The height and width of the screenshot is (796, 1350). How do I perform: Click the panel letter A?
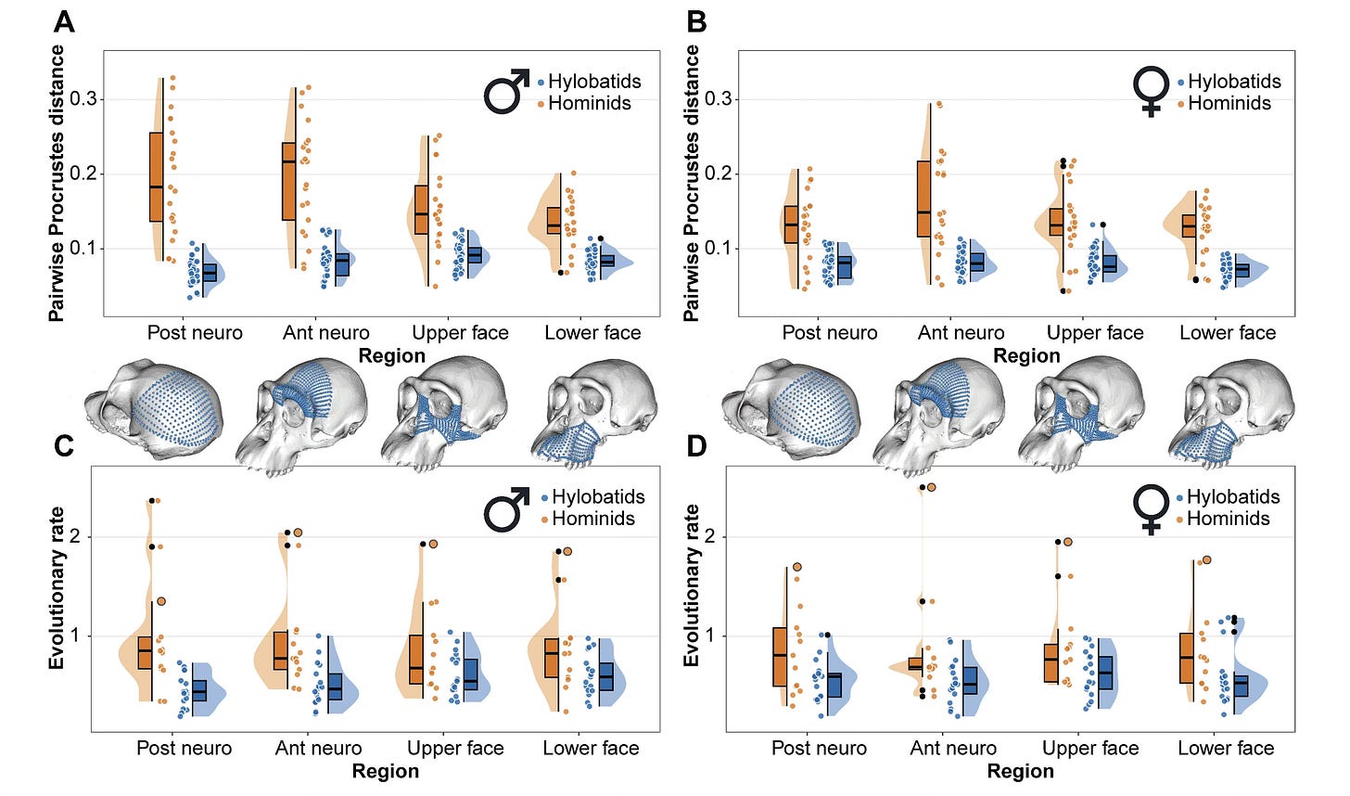tap(64, 20)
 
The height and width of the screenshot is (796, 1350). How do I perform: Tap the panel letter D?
tap(695, 446)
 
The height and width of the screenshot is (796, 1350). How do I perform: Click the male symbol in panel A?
tap(506, 91)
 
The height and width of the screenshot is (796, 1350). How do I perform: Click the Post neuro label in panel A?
tap(195, 332)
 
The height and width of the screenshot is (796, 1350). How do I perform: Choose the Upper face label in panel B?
tap(1095, 332)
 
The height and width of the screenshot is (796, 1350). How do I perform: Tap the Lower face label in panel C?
tap(591, 748)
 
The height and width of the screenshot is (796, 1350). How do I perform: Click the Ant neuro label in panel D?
tap(953, 748)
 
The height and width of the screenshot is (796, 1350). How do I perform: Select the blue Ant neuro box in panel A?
tap(341, 264)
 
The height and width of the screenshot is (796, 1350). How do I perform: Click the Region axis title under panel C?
tap(386, 771)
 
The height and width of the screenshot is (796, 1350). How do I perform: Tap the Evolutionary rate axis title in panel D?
tap(691, 586)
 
